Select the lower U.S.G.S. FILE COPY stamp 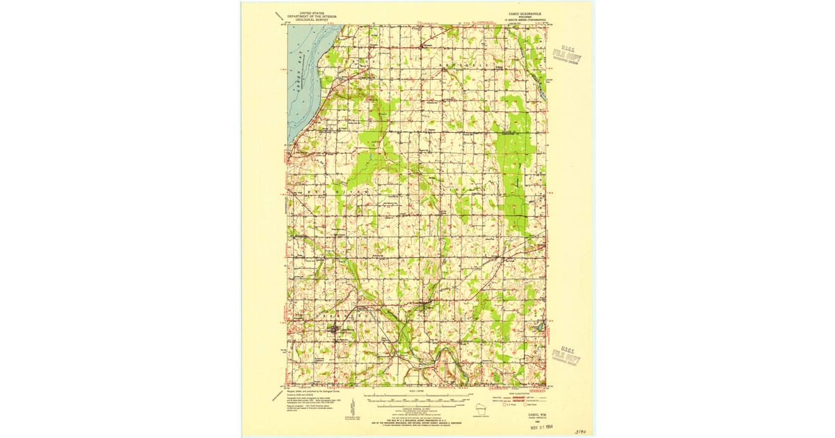click(x=566, y=355)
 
